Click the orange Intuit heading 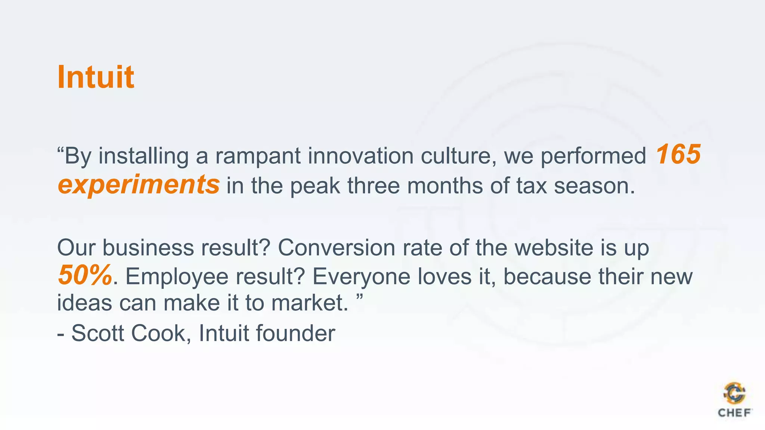click(x=96, y=77)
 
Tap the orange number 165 click(x=678, y=155)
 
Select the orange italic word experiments click(x=139, y=185)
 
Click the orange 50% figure click(x=85, y=275)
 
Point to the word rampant click(x=258, y=156)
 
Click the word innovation click(x=360, y=156)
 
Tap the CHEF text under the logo click(x=734, y=413)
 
